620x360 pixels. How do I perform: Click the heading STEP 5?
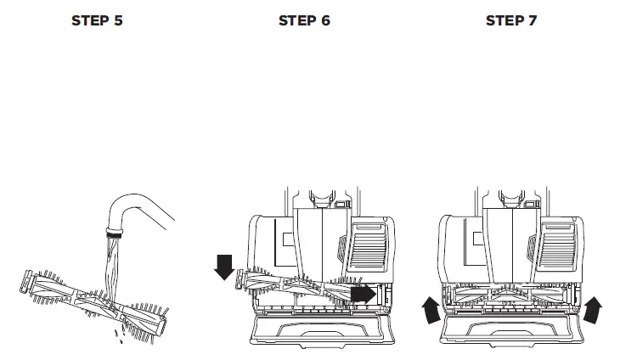pyautogui.click(x=96, y=21)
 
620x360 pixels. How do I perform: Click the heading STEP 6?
pyautogui.click(x=304, y=21)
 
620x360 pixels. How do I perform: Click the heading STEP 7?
pyautogui.click(x=511, y=21)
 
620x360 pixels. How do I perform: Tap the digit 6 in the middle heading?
pyautogui.click(x=325, y=21)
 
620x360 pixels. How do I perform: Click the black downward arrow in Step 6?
pyautogui.click(x=224, y=265)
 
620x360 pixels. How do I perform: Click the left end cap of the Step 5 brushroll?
pyautogui.click(x=27, y=281)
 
